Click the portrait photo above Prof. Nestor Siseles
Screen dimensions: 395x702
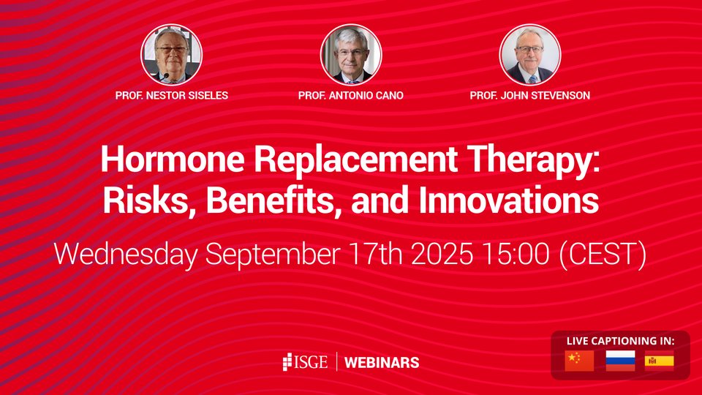coord(171,56)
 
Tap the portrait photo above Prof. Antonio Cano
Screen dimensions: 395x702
coord(351,56)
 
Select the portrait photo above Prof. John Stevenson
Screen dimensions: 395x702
coord(530,56)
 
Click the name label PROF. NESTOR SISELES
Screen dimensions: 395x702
coord(171,96)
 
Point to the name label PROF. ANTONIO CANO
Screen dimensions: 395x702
coord(351,96)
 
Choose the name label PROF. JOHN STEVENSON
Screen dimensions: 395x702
coord(530,96)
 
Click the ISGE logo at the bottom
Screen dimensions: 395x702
coord(305,362)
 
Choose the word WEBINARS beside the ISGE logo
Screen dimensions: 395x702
coord(381,362)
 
